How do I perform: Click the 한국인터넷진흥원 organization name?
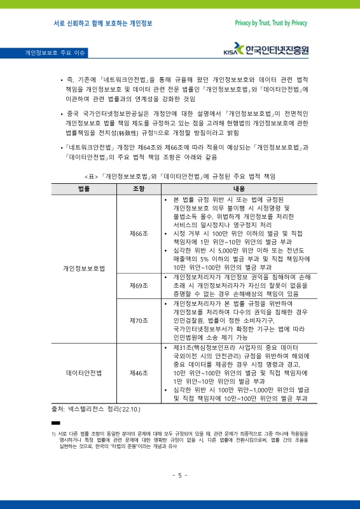tap(277, 49)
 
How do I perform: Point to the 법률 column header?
tap(83, 189)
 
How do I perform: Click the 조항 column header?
tap(138, 189)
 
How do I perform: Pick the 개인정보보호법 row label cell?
tap(83, 268)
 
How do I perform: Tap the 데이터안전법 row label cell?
tap(83, 372)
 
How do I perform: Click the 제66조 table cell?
tap(138, 234)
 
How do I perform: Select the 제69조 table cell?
tap(138, 286)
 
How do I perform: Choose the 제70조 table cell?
tap(138, 320)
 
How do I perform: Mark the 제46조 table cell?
tap(138, 372)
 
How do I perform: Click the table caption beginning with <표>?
tap(180, 175)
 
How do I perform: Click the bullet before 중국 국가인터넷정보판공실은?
tap(60, 115)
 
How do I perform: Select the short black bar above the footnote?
tap(55, 422)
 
